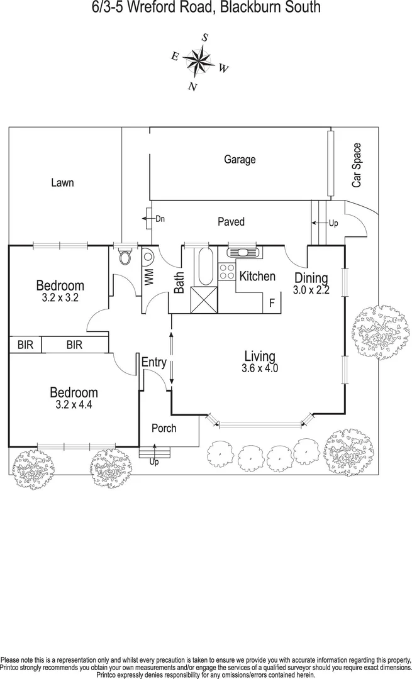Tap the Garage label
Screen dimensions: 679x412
240,160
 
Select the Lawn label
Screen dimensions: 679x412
62,183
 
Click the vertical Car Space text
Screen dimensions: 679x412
357,165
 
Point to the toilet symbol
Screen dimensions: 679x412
125,257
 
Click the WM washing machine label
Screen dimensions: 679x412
149,277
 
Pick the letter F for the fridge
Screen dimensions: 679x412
272,303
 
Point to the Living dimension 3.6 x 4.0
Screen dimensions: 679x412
260,368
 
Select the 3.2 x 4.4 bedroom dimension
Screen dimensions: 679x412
74,405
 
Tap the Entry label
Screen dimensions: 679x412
154,362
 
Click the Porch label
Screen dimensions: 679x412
164,429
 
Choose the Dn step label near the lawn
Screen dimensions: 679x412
160,219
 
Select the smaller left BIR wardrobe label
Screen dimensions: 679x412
25,345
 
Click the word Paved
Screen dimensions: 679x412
231,222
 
